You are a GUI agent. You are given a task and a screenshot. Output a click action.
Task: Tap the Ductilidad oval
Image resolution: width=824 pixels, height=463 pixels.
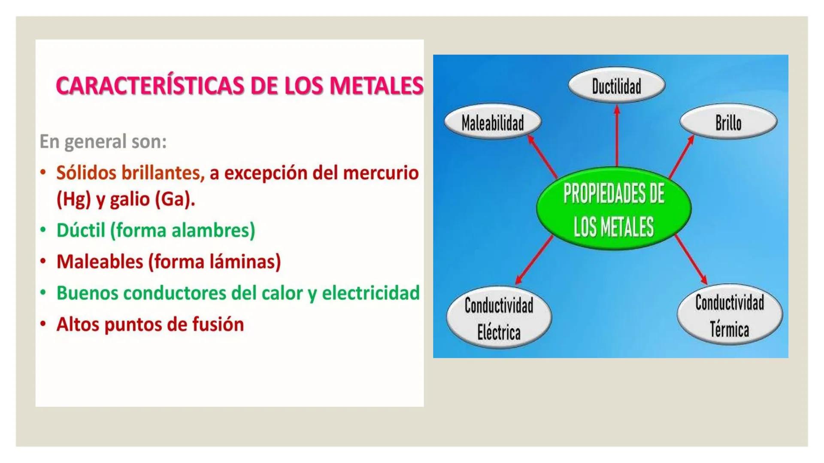click(x=617, y=85)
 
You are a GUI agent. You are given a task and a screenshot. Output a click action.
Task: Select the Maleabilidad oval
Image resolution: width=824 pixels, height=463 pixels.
click(x=493, y=122)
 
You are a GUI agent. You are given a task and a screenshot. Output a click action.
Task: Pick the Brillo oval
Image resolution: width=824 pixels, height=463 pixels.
click(x=728, y=122)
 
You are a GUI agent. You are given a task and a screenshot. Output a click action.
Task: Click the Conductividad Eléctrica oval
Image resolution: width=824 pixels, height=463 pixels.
click(x=499, y=318)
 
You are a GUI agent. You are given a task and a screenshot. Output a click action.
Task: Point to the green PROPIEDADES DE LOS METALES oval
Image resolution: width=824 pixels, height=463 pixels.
click(x=614, y=209)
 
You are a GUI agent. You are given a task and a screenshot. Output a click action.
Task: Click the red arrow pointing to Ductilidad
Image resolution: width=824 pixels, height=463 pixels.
click(x=617, y=136)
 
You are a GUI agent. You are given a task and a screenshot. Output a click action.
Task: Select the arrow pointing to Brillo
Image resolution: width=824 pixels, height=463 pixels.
click(x=682, y=156)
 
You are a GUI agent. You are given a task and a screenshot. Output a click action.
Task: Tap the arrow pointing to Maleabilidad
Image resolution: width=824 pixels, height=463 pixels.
click(x=542, y=156)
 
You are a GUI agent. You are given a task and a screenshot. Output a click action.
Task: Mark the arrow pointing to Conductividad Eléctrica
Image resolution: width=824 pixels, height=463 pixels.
click(x=534, y=260)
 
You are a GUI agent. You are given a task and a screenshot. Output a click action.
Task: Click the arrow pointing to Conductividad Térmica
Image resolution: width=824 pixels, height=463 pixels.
click(x=691, y=259)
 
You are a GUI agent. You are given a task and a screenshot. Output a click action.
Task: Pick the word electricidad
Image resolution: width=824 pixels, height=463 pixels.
click(x=371, y=293)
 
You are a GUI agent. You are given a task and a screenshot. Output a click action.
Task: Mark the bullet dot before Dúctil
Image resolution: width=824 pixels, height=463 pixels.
click(x=43, y=230)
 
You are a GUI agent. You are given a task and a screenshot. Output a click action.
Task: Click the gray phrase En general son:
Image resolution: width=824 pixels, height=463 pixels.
click(x=103, y=141)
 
